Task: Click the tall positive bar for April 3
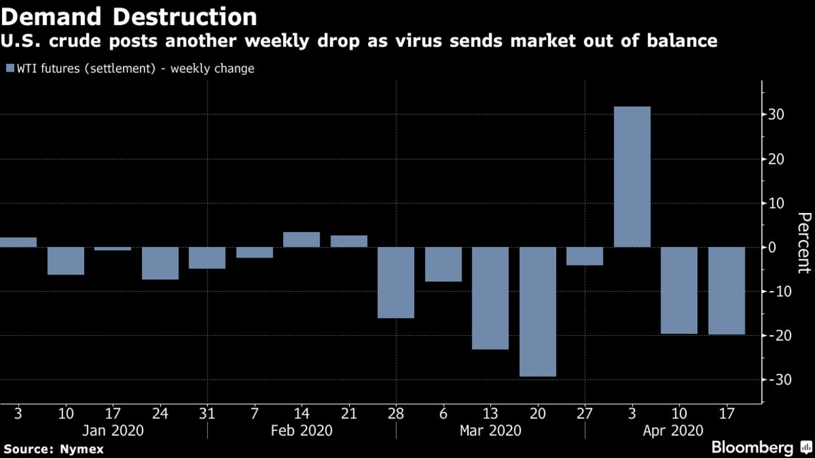click(x=632, y=177)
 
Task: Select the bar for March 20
click(x=538, y=311)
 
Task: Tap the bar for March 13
click(x=490, y=298)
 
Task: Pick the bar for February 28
click(x=396, y=283)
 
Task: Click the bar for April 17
click(x=726, y=290)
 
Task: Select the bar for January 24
click(x=160, y=263)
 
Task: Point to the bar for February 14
click(x=302, y=240)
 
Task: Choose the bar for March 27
click(x=584, y=256)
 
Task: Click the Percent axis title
click(x=803, y=242)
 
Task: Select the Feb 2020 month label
click(x=302, y=431)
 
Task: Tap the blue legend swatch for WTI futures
click(x=9, y=68)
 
